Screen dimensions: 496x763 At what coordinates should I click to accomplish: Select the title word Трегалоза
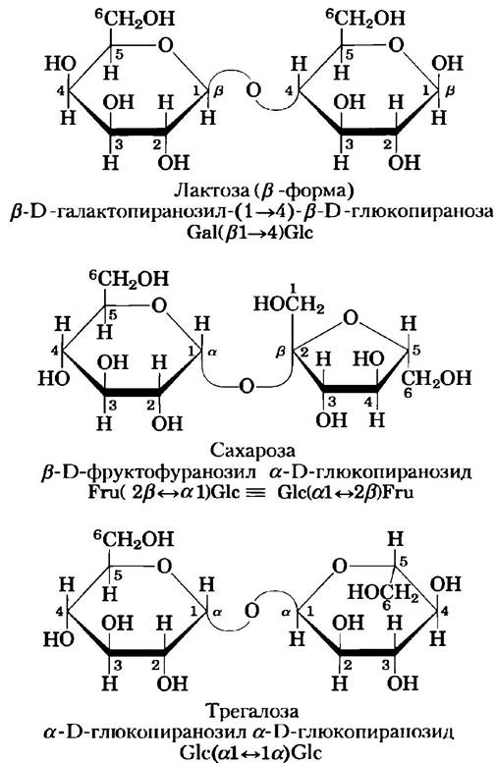click(252, 711)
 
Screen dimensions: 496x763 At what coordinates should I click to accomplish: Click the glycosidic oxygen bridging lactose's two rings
click(253, 90)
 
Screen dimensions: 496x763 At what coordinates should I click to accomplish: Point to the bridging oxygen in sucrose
click(248, 386)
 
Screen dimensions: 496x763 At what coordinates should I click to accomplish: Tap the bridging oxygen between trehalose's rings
click(251, 610)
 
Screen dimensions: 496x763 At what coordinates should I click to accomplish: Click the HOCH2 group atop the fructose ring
click(289, 304)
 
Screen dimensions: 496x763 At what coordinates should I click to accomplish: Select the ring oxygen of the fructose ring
click(351, 318)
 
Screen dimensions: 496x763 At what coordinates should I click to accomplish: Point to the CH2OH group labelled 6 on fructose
click(436, 378)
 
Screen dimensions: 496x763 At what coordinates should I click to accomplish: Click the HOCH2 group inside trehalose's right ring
click(383, 592)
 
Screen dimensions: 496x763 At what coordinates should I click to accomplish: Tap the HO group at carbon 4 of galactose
click(60, 64)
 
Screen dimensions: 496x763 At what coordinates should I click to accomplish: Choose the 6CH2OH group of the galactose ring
click(135, 19)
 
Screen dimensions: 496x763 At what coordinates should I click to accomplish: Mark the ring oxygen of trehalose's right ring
click(340, 566)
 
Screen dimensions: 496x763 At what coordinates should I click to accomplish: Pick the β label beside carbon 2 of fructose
click(280, 352)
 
